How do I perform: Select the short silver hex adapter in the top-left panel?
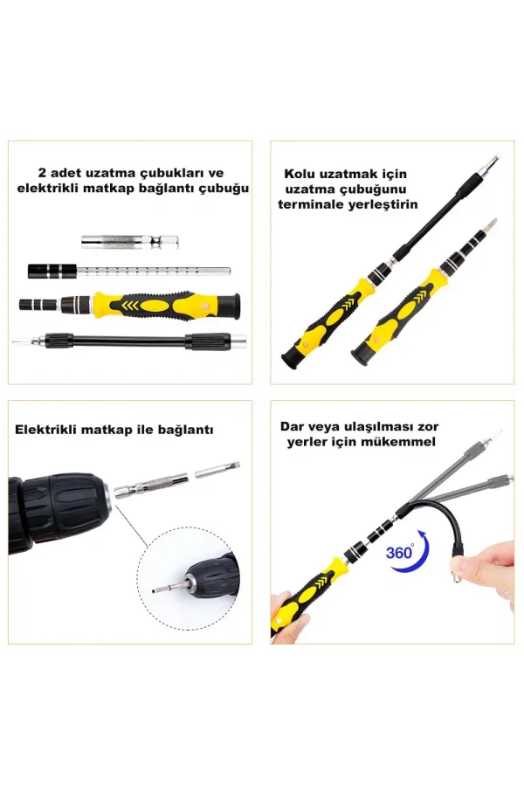(x=121, y=240)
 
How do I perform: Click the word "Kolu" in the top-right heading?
(x=302, y=174)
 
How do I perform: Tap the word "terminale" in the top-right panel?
(x=313, y=204)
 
